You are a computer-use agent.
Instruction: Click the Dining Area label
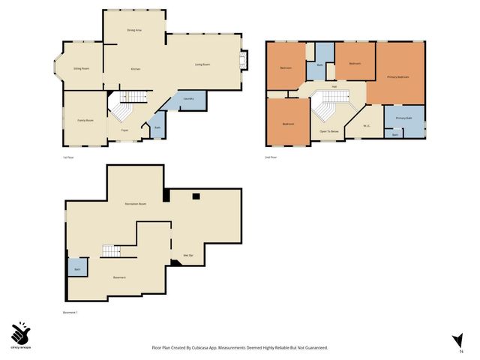134,29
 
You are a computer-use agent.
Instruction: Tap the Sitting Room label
81,68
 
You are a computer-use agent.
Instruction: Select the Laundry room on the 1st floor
189,99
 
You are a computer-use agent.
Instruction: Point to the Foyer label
124,130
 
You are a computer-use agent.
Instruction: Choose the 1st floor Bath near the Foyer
157,127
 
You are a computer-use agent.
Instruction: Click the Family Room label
85,119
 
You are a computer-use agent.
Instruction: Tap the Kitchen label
136,69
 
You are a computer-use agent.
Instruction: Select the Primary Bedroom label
397,77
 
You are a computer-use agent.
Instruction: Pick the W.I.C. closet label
367,126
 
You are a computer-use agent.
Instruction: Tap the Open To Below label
328,130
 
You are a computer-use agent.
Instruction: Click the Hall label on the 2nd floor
334,86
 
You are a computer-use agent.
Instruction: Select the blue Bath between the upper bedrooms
321,63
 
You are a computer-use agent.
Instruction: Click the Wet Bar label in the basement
189,256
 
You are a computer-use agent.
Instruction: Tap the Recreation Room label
136,204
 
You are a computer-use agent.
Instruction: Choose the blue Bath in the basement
77,268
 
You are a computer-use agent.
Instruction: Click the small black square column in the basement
195,196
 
